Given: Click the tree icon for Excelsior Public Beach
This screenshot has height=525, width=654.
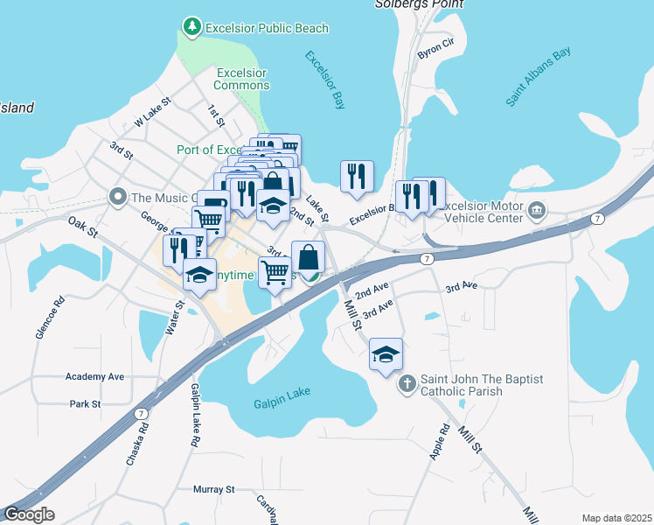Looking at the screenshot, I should click(191, 28).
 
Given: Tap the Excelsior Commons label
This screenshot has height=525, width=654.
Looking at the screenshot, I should click(241, 79).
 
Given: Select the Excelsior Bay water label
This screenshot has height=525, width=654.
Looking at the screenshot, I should click(325, 80).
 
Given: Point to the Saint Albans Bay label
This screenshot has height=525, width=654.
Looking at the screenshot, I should click(538, 77).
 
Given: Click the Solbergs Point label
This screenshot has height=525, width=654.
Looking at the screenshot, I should click(412, 4).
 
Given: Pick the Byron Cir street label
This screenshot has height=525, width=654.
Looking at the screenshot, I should click(436, 48).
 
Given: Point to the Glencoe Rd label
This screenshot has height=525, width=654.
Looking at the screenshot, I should click(59, 312).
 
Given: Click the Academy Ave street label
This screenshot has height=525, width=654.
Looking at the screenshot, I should click(94, 376).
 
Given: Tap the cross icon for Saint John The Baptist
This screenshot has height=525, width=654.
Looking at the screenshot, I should click(407, 384).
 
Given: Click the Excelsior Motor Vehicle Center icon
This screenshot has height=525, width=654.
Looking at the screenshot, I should click(536, 211).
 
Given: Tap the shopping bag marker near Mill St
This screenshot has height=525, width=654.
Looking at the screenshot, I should click(308, 257).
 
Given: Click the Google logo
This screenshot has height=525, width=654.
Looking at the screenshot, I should click(29, 514).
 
